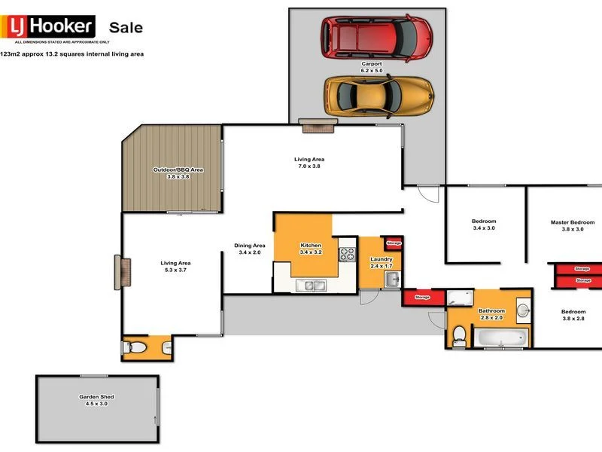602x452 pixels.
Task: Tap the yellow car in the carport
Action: click(379, 94)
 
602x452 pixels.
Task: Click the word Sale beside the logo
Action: click(126, 28)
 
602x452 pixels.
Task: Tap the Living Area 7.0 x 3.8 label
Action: click(309, 163)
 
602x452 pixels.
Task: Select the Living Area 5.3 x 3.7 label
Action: click(175, 267)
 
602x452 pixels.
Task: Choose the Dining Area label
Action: click(249, 249)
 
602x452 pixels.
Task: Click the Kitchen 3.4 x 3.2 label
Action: click(311, 249)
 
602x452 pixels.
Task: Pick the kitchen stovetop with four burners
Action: click(347, 254)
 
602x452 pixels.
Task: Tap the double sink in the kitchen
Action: click(310, 285)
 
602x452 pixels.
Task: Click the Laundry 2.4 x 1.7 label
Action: click(381, 262)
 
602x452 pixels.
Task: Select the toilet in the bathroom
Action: click(459, 337)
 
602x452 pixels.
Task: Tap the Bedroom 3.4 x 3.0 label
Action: click(484, 224)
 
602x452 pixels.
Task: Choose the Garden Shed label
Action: click(96, 400)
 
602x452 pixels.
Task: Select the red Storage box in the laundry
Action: click(394, 243)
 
